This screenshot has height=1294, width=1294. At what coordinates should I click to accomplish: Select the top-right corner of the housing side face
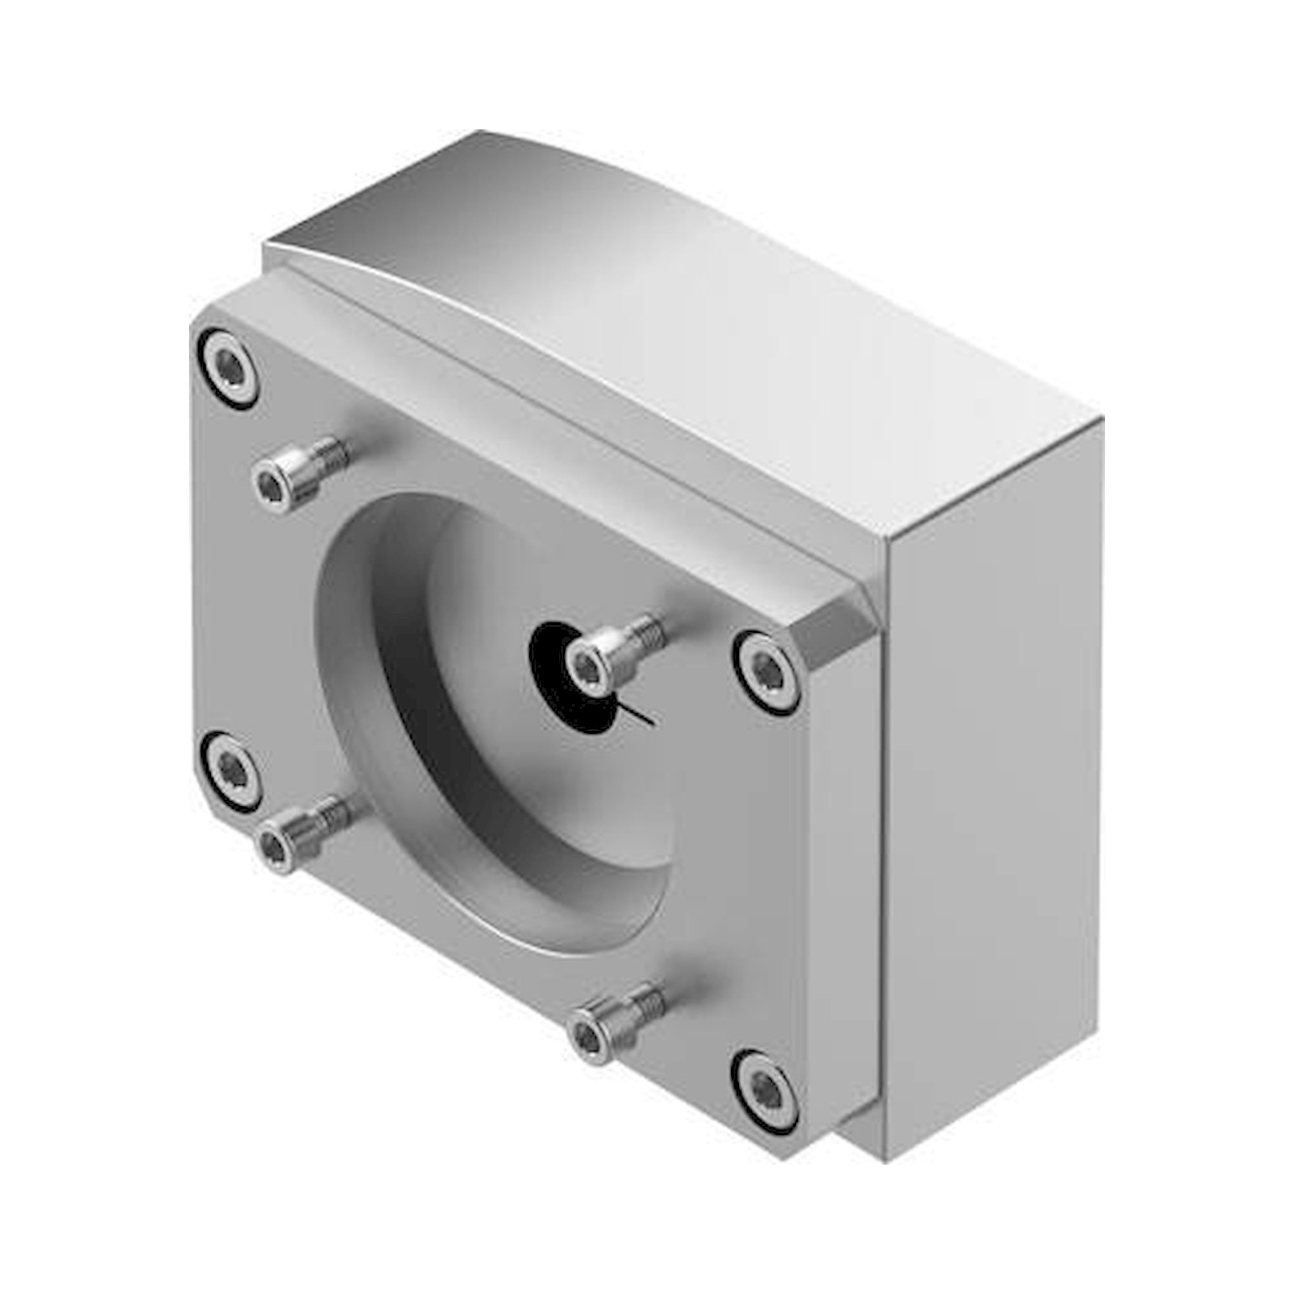point(1099,419)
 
